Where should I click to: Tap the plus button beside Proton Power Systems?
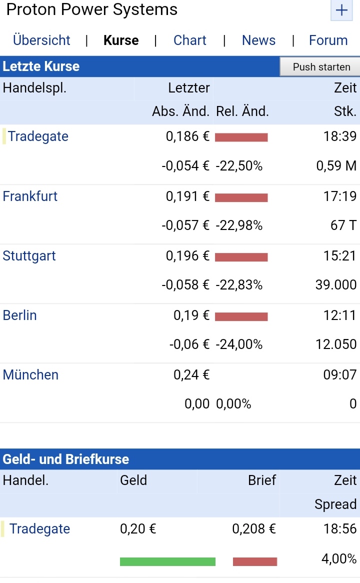[x=341, y=10]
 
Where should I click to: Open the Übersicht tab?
[x=41, y=40]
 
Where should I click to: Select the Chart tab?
[x=189, y=40]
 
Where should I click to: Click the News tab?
[x=258, y=40]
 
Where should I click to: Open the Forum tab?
[x=328, y=40]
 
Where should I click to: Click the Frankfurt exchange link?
[x=30, y=196]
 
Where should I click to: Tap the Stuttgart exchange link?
[x=29, y=256]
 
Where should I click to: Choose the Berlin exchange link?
[x=19, y=315]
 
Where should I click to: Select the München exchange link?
[x=30, y=375]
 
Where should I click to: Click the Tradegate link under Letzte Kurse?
[x=38, y=136]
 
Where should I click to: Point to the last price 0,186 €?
[x=187, y=136]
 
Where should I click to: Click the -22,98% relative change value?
[x=239, y=226]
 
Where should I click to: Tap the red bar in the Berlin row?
[x=241, y=316]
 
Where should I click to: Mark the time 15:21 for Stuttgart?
[x=340, y=256]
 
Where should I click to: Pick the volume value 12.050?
[x=336, y=344]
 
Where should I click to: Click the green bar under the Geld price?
[x=167, y=561]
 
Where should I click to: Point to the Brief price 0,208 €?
[x=254, y=529]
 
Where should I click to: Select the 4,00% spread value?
[x=339, y=559]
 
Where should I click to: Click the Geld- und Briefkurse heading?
[x=66, y=459]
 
